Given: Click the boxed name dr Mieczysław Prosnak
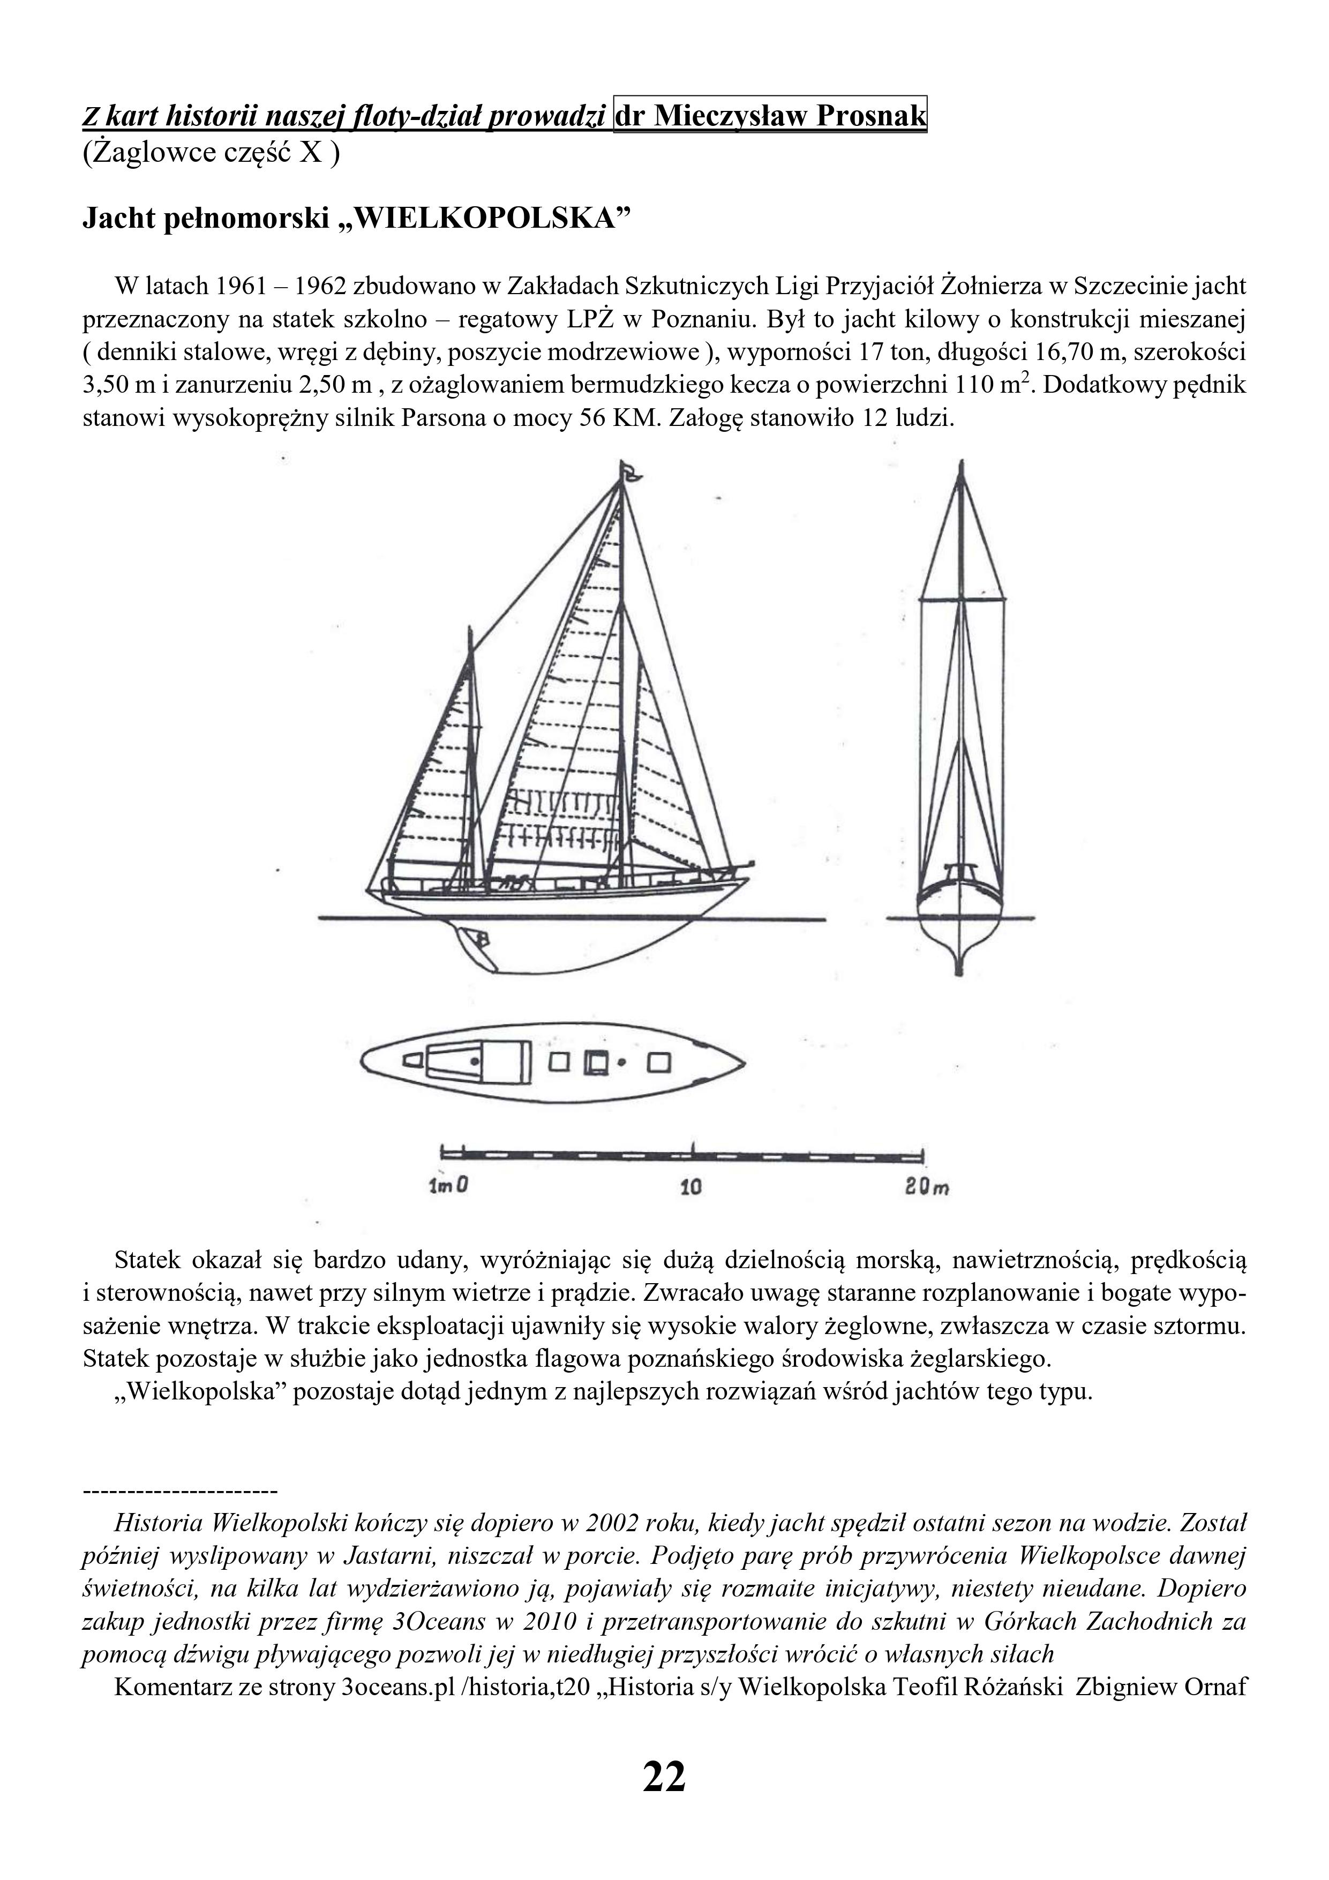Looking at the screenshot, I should tap(770, 115).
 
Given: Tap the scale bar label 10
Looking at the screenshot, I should tap(691, 1187).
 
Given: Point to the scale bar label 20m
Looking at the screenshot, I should tap(926, 1187).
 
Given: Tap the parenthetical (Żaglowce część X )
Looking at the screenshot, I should tap(211, 153).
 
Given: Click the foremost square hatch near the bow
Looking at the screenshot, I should tap(659, 1063).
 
